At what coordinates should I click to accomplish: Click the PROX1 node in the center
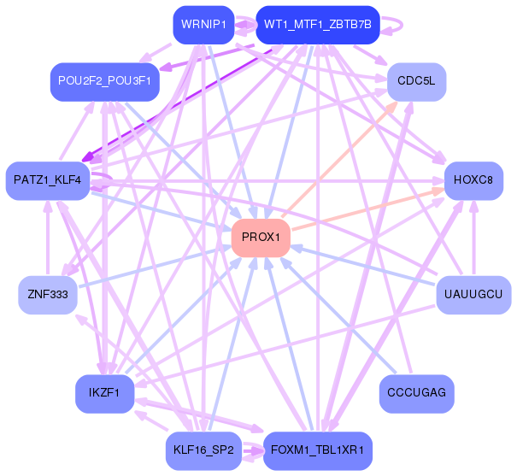(261, 237)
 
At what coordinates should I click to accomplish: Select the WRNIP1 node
(203, 24)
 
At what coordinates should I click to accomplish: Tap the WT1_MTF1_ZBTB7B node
(318, 24)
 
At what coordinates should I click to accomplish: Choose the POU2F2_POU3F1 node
(105, 80)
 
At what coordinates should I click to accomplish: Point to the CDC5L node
(416, 80)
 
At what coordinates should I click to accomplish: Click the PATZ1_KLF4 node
(48, 180)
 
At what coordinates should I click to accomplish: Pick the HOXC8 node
(473, 180)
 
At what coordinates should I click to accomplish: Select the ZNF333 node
(48, 295)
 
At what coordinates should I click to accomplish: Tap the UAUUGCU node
(473, 295)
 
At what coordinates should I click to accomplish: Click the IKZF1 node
(105, 393)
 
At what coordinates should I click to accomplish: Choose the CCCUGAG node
(416, 393)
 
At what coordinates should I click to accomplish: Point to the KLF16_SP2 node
(203, 449)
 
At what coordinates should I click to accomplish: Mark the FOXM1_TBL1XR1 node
(318, 449)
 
